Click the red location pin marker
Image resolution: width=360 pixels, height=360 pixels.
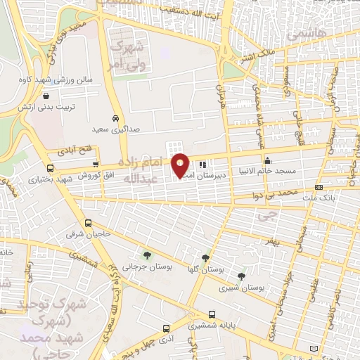180,166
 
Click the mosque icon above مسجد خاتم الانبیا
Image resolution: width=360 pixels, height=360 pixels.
267,160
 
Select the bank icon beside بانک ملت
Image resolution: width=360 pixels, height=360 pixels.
319,188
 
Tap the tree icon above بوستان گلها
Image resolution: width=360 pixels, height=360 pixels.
205,258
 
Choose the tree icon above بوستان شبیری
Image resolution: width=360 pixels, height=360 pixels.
241,276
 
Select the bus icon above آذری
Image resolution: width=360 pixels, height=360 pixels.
166,328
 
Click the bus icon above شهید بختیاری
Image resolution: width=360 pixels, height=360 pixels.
49,168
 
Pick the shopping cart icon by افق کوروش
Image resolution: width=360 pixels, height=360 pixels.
95,163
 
